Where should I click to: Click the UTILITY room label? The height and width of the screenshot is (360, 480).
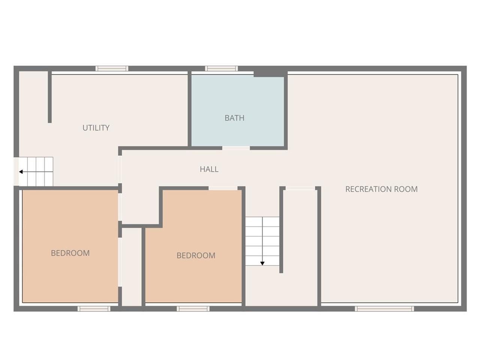click(x=96, y=128)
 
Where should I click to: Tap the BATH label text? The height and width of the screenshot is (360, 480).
click(x=234, y=118)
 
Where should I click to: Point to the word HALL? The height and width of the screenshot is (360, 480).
click(x=209, y=169)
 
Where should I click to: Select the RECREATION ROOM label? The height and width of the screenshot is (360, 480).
click(x=381, y=189)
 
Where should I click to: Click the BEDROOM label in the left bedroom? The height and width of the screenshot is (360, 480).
click(x=70, y=253)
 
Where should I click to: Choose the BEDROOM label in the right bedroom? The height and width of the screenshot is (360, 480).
click(x=196, y=256)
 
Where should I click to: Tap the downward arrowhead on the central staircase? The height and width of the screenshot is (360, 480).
click(x=262, y=263)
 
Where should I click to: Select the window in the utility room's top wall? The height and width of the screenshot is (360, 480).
click(x=112, y=69)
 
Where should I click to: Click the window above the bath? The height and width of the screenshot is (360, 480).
click(x=221, y=69)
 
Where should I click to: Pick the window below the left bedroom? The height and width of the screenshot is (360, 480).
click(x=94, y=309)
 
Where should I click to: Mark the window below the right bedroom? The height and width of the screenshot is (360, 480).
click(x=193, y=309)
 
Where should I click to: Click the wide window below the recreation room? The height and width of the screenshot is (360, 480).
click(x=384, y=309)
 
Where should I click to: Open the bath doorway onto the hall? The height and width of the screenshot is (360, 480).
click(x=236, y=148)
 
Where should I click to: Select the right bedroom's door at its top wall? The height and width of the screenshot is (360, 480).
click(x=223, y=188)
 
